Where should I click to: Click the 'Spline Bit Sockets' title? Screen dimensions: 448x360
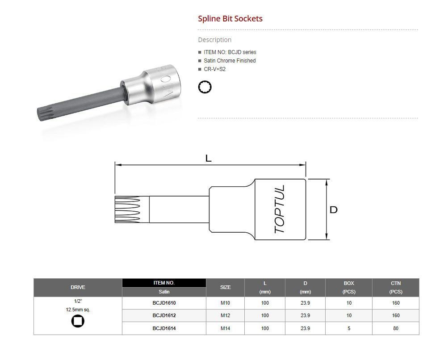[230, 19]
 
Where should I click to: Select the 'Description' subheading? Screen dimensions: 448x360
[214, 40]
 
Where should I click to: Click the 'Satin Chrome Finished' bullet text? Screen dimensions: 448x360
[230, 61]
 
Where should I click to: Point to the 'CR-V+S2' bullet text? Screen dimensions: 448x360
[214, 69]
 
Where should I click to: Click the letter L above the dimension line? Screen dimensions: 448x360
[208, 158]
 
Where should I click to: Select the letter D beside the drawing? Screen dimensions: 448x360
[333, 210]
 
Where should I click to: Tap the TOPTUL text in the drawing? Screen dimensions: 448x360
[280, 209]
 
